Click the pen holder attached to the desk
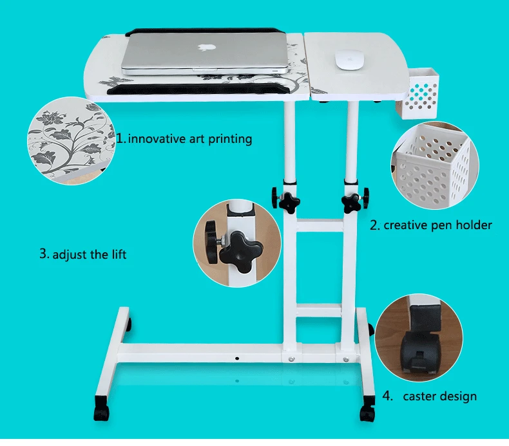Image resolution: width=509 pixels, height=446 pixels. [x=418, y=93]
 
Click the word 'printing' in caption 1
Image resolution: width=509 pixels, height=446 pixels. [x=230, y=140]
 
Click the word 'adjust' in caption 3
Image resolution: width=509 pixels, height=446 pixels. [x=70, y=255]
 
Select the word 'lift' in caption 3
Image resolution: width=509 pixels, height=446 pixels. [x=119, y=254]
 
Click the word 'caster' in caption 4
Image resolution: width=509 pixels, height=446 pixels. [x=422, y=396]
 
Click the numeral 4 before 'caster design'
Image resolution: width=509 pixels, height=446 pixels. [x=387, y=396]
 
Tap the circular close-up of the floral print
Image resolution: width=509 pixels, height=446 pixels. [x=72, y=141]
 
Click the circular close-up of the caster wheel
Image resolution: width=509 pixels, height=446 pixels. [x=419, y=338]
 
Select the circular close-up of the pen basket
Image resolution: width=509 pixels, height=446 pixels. [x=435, y=165]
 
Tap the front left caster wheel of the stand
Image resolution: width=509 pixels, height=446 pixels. [x=102, y=411]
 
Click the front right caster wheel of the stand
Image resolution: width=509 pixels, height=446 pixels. [x=367, y=413]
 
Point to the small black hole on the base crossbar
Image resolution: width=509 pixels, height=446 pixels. [x=237, y=358]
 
